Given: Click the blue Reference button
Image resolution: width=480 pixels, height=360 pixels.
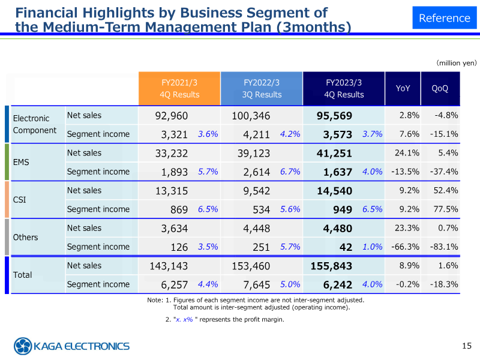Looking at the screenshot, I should pos(444,18).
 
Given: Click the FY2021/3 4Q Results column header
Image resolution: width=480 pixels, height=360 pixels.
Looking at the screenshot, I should pos(179,89).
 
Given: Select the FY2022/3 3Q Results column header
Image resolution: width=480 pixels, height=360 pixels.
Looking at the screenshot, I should pos(262,89).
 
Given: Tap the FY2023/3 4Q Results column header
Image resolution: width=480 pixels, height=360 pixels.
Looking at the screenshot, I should pos(344,89).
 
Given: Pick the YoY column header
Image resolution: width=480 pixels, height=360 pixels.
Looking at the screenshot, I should pos(403,89).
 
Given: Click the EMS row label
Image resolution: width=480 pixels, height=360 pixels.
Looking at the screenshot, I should pos(21,162).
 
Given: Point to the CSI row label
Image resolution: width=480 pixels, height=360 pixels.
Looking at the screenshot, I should pos(19,200).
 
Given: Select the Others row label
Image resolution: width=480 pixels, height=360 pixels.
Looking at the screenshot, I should pos(25,237).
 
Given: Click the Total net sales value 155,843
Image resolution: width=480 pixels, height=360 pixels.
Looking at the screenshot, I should pos(331,266).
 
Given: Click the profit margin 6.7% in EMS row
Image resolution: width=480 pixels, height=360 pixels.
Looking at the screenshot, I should pos(290,172).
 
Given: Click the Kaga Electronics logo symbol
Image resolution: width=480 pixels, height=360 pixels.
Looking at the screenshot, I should pos(23,346).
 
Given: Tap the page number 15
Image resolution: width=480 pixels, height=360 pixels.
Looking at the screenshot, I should pos(467,345).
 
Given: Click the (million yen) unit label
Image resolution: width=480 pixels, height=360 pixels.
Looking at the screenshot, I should pos(456,62).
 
